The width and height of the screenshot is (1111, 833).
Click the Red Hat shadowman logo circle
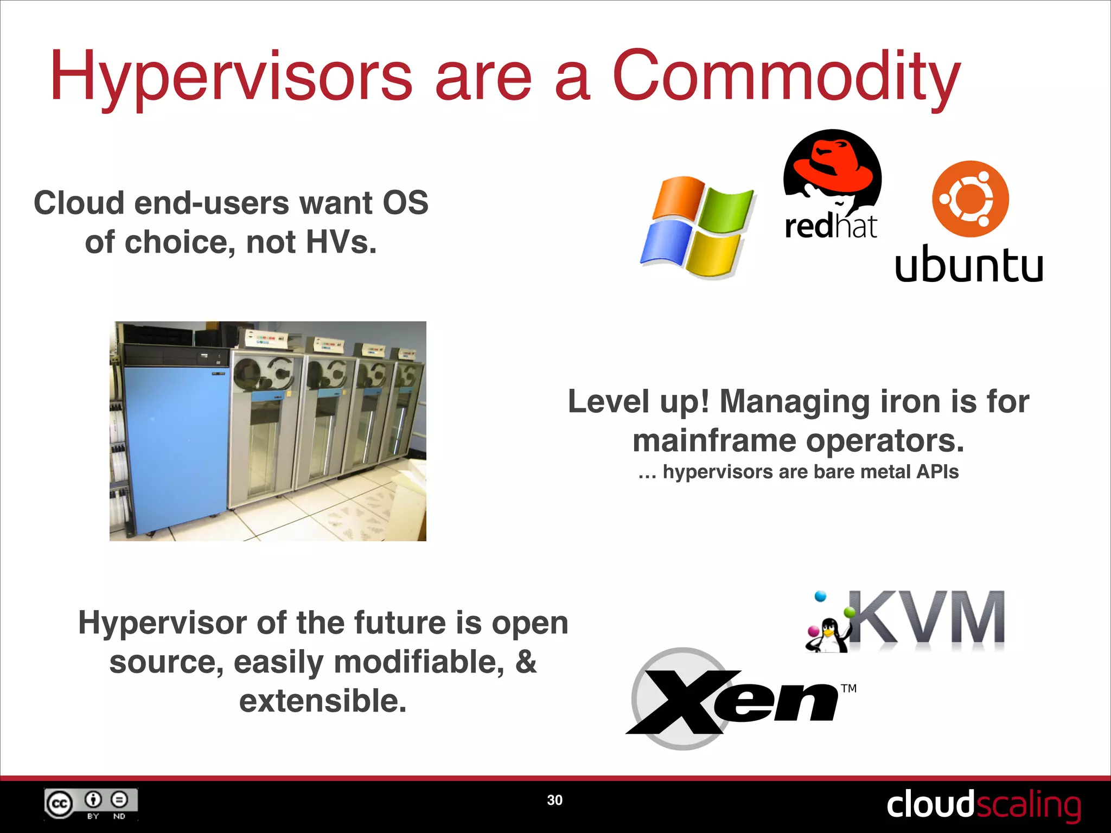832,170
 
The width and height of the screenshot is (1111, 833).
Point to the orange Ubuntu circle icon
970,198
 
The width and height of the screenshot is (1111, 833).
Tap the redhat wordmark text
831,227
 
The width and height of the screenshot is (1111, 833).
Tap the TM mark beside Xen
848,689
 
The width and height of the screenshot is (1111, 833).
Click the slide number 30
554,800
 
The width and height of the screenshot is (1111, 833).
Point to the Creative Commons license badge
91,804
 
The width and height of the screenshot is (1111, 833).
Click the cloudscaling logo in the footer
983,804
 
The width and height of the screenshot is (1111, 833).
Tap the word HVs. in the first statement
341,242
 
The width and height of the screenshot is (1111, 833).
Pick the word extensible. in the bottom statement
323,701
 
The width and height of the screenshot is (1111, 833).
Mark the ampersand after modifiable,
526,662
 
